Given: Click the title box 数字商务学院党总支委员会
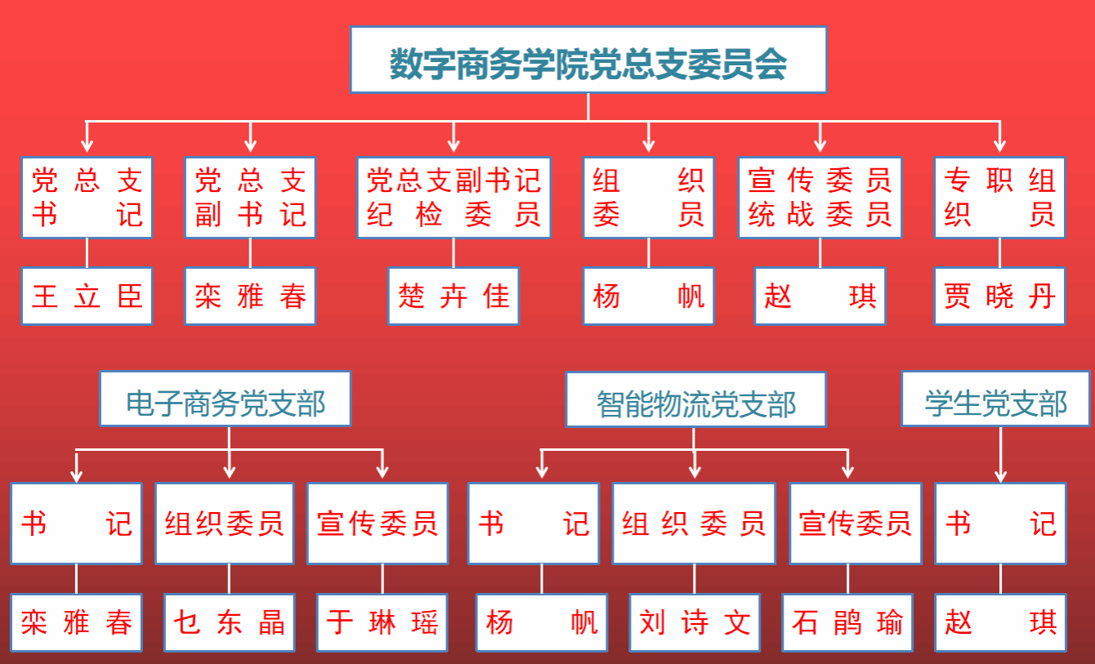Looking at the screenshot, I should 588,60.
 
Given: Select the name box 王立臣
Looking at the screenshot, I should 87,296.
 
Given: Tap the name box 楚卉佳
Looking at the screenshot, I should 454,296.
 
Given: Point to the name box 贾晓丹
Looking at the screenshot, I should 999,296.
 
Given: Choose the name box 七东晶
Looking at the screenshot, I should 229,622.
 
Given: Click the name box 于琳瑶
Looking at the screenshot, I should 382,622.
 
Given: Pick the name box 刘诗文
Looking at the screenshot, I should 695,622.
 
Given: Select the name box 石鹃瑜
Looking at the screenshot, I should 847,622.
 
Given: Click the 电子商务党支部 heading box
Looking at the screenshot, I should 226,399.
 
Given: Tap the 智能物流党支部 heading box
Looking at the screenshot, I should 695,399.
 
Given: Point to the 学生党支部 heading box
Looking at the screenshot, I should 995,399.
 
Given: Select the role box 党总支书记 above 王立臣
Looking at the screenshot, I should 87,198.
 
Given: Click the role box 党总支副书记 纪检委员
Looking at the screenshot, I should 454,198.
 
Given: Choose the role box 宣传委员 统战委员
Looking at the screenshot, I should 820,198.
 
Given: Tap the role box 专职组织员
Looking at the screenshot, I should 999,198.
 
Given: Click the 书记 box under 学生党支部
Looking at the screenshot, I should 1000,524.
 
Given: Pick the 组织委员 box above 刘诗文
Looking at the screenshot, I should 694,524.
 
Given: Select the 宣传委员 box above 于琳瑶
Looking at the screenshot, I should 378,524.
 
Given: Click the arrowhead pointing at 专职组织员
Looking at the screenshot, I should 999,145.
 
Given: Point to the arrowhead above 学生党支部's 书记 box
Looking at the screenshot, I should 1000,475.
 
